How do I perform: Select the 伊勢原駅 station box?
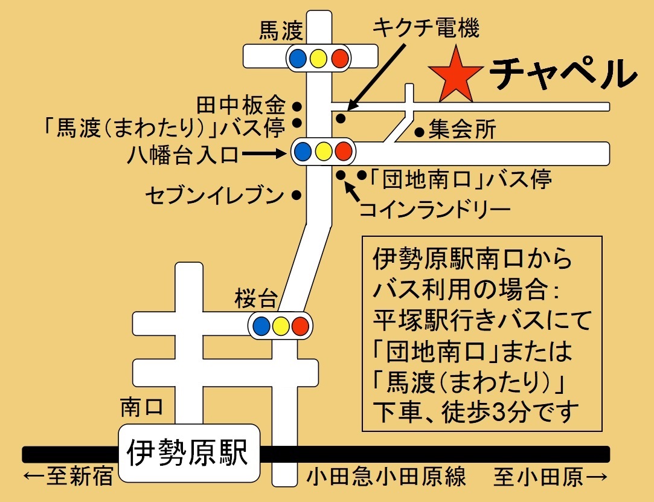[x=188, y=452]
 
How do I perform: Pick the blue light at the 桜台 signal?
[x=261, y=326]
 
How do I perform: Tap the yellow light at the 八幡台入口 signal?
[x=323, y=151]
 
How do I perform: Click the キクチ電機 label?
[x=426, y=28]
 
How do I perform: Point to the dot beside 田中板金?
[x=297, y=106]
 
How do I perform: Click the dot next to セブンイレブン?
[x=297, y=195]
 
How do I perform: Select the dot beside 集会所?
[x=420, y=130]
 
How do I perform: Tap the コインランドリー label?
[x=435, y=210]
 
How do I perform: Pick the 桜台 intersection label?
[x=257, y=298]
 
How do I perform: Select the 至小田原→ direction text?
[x=550, y=478]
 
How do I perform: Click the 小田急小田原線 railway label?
[x=386, y=478]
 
